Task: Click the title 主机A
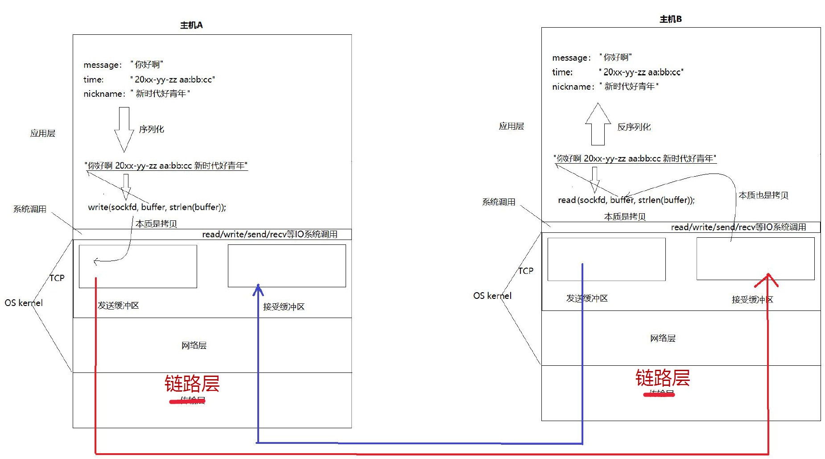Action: coord(191,25)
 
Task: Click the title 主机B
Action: coord(670,19)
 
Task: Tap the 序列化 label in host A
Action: coord(152,129)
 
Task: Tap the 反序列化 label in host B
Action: coord(634,127)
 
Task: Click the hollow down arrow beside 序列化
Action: coord(124,129)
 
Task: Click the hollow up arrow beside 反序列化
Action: coord(598,124)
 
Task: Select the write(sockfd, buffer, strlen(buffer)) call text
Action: coord(157,207)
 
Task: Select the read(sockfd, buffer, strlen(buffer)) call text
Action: coord(626,200)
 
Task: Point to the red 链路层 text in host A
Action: coord(192,383)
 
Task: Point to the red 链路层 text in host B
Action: coord(662,378)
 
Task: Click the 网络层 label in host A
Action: coord(194,345)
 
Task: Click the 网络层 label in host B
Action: coord(663,338)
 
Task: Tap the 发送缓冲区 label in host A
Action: coord(118,306)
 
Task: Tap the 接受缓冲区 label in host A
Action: coord(284,307)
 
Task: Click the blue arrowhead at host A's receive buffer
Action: coord(258,290)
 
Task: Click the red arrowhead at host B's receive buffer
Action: coord(767,280)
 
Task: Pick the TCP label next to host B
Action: coord(526,271)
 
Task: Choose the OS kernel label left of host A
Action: coord(24,303)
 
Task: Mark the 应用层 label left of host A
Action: coord(43,133)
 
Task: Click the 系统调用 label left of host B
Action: coord(499,202)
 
